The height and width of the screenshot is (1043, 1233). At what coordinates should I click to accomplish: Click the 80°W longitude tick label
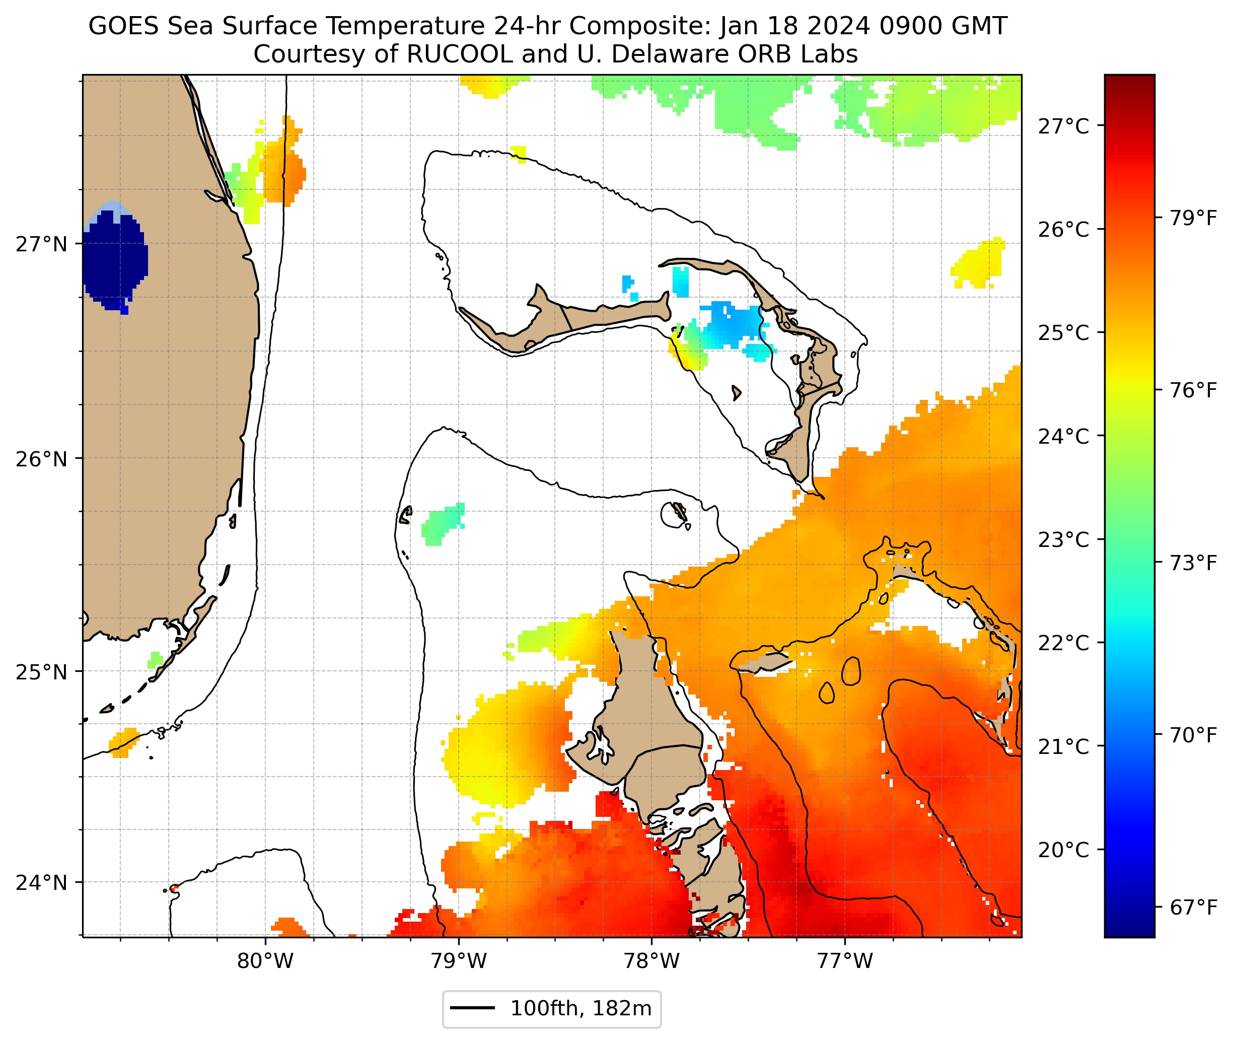click(x=265, y=961)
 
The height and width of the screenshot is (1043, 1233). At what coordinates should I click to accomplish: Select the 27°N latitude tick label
click(x=41, y=244)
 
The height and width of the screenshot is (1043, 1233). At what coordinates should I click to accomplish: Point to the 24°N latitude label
click(x=41, y=883)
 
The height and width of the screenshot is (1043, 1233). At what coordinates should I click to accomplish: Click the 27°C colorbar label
click(x=1063, y=126)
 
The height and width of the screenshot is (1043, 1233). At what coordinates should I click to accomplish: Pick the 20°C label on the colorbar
click(x=1063, y=850)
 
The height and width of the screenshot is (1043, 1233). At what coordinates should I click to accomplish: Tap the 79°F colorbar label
click(x=1193, y=218)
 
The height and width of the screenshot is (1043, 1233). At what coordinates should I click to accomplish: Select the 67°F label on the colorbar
click(x=1193, y=907)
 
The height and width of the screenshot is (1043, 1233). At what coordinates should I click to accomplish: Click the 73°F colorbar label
click(x=1193, y=563)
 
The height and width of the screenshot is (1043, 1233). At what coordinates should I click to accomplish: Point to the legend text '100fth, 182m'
click(x=581, y=1009)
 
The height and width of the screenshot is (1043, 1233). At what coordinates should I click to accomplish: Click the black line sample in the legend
click(x=472, y=1008)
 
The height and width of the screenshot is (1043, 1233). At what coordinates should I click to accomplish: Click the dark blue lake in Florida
click(x=113, y=257)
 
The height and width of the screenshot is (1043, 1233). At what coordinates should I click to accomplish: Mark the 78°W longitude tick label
click(x=652, y=961)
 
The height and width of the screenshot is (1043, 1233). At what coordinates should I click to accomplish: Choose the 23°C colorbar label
click(x=1063, y=540)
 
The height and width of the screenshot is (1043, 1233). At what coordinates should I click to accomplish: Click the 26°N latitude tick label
click(x=41, y=459)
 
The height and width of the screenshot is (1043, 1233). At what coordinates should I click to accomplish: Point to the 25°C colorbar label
click(x=1063, y=333)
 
